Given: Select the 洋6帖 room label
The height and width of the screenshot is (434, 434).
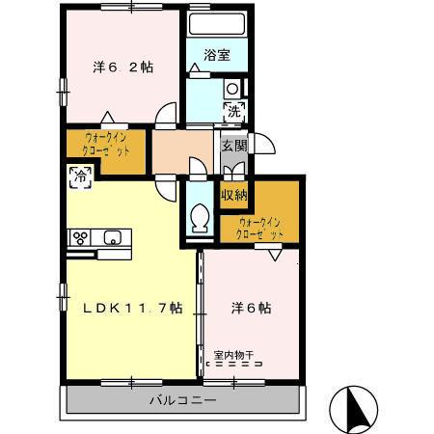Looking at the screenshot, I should (250, 309).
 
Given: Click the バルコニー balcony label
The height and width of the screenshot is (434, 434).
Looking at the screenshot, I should (182, 399).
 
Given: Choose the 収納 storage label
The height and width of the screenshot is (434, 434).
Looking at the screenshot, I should (234, 195).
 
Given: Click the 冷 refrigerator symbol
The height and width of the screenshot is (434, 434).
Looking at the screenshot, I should (81, 176).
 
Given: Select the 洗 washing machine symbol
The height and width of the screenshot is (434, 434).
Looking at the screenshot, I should (233, 109).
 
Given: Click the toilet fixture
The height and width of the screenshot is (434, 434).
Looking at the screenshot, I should (201, 217).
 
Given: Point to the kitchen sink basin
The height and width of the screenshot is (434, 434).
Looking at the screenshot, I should (113, 237).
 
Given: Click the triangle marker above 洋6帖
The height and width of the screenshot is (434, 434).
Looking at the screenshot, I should (276, 253).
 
